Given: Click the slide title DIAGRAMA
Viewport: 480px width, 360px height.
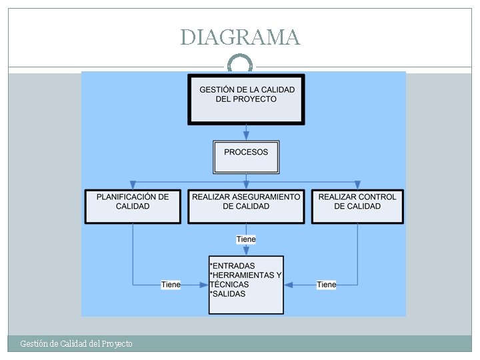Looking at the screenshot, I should (x=240, y=37).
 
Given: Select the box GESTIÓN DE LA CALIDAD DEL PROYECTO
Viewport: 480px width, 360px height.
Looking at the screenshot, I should (x=246, y=99).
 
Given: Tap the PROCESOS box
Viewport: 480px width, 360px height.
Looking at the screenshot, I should (x=246, y=157).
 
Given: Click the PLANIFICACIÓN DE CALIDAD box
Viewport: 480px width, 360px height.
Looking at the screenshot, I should (x=133, y=206).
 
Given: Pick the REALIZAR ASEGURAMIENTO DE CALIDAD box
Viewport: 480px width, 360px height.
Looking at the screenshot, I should (x=246, y=206).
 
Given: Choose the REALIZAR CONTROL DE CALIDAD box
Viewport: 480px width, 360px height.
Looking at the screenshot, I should (x=357, y=206).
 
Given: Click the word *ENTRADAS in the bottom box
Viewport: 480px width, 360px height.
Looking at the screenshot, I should (x=232, y=266).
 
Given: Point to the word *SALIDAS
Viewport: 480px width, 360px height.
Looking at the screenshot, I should (x=227, y=294).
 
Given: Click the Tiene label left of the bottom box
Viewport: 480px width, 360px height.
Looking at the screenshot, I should (x=171, y=285).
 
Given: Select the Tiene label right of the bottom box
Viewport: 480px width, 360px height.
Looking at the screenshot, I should (x=327, y=285).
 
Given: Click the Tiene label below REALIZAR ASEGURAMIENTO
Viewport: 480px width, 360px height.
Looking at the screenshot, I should (x=246, y=239).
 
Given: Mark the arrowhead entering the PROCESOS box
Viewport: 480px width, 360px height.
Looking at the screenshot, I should (x=246, y=136).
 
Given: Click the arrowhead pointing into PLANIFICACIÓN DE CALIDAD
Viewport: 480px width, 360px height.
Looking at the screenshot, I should (x=133, y=185).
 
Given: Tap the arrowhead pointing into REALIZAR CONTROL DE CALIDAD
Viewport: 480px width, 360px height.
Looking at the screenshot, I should (x=357, y=185).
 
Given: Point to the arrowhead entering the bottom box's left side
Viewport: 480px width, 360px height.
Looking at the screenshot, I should (x=204, y=285).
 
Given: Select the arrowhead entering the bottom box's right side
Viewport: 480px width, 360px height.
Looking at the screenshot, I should (x=289, y=285).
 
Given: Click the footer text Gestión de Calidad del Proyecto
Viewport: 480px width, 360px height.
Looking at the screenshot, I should (x=76, y=344).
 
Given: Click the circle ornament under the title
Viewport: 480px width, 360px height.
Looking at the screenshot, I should (x=240, y=63).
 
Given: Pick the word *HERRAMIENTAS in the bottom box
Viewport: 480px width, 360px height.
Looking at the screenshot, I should (x=241, y=275).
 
